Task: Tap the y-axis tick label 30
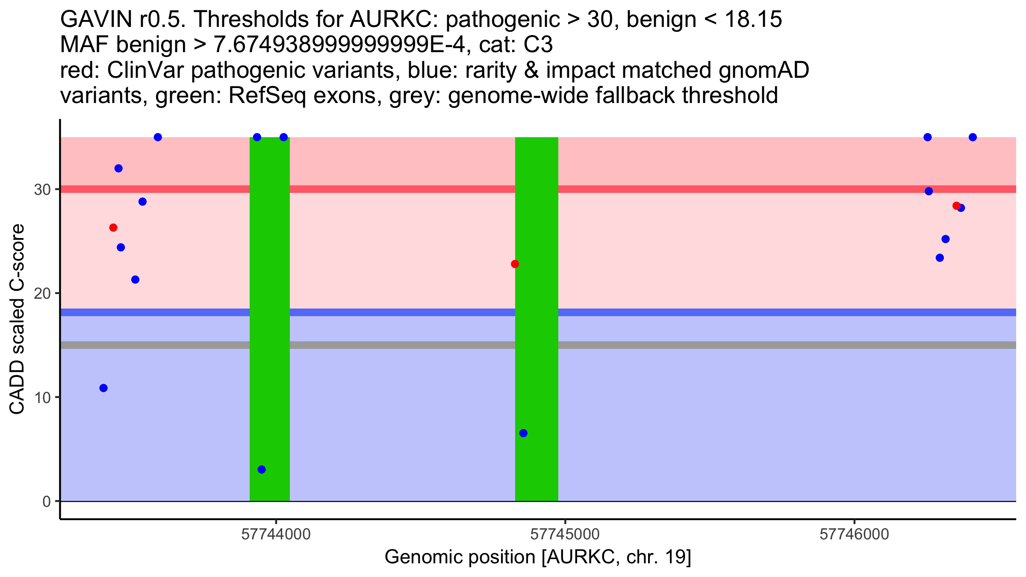(42, 189)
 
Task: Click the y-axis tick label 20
(42, 293)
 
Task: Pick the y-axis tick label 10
(42, 397)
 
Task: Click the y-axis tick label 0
(47, 501)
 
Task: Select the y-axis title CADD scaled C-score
(17, 319)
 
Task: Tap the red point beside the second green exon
(515, 264)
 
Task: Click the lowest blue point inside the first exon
(262, 470)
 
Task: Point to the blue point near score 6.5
(523, 433)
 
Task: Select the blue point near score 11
(103, 388)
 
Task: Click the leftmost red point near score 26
(113, 228)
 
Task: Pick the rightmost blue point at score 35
(973, 137)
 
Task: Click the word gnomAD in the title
(764, 71)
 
